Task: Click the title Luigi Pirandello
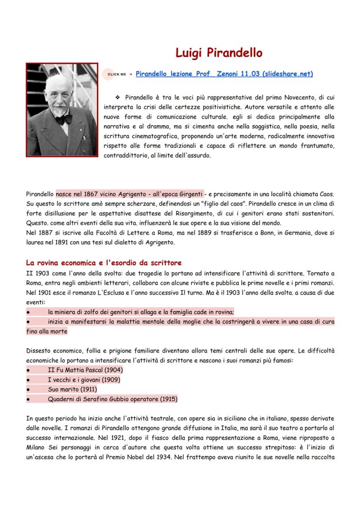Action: coord(219,53)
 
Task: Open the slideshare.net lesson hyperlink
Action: coord(224,74)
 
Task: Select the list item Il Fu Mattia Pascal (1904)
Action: coord(85,370)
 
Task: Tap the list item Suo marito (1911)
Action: coord(72,389)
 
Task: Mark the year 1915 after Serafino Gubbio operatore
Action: coord(169,398)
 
